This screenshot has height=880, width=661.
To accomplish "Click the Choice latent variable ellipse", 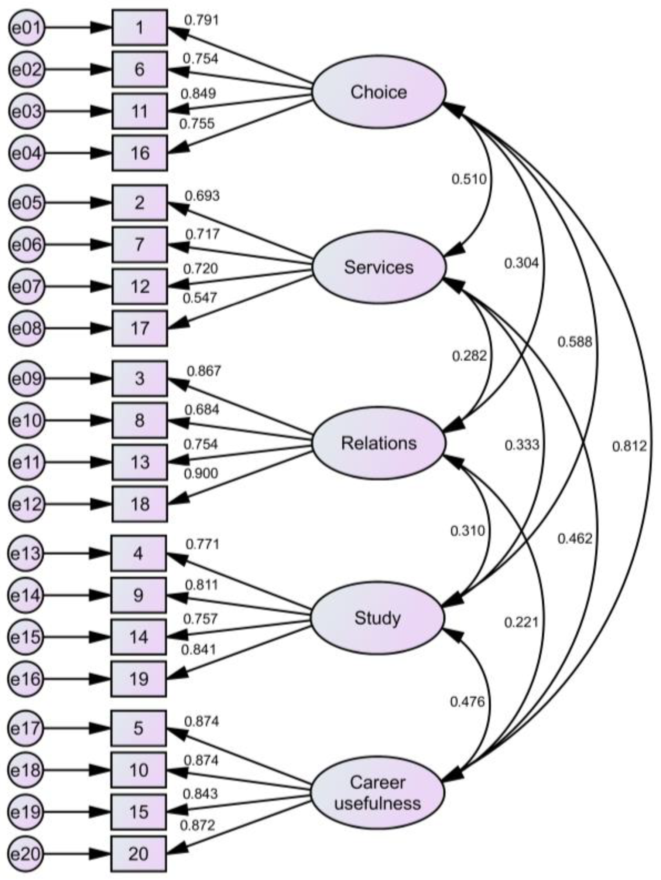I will pos(378,92).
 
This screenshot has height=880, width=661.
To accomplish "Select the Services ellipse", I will pos(378,267).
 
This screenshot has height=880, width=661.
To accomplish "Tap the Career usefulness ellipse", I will pos(377,793).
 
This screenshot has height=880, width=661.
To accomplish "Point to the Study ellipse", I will pos(377,618).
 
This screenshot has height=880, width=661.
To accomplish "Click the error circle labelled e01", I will pos(26,28).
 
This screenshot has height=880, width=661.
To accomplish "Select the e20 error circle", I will pos(25,854).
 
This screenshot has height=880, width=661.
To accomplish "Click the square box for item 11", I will pos(140,112).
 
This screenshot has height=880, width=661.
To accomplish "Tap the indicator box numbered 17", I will pos(140,328).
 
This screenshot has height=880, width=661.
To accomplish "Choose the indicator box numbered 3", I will pos(140,378).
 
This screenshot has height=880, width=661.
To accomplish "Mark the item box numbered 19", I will pos(138,679).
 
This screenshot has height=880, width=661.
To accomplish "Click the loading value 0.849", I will pos(198,94).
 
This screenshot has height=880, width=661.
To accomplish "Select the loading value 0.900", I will pos(201,473).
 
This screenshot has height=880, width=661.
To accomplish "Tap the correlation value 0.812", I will pos(629,446).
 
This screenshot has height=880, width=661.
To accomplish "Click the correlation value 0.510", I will pos(469,180).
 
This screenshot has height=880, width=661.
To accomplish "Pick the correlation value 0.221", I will pos(521,622).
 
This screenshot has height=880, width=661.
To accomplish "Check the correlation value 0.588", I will pos(575,342).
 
